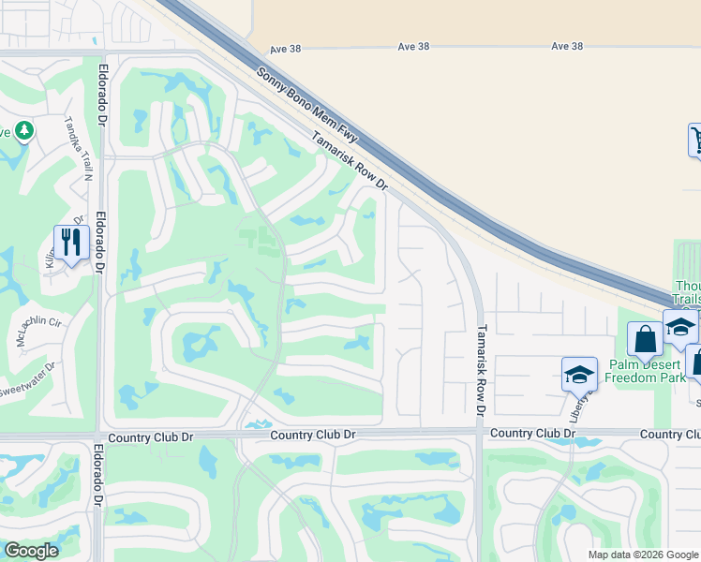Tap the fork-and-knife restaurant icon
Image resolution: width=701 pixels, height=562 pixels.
[71, 244]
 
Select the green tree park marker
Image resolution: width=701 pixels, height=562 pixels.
[24, 131]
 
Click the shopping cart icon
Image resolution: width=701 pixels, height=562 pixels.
[696, 140]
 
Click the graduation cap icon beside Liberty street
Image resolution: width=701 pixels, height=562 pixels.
[579, 375]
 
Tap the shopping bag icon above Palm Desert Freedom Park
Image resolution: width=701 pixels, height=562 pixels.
[645, 338]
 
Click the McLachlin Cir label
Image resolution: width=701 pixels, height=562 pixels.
[38, 331]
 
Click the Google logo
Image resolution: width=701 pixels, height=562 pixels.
[31, 551]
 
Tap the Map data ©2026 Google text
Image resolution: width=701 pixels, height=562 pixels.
[643, 555]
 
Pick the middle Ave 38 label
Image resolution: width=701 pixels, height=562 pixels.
[412, 46]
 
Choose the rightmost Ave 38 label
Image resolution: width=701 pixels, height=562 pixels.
[567, 46]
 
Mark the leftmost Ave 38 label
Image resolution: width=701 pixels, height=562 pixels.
[283, 47]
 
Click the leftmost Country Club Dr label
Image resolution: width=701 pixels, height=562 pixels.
[142, 437]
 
